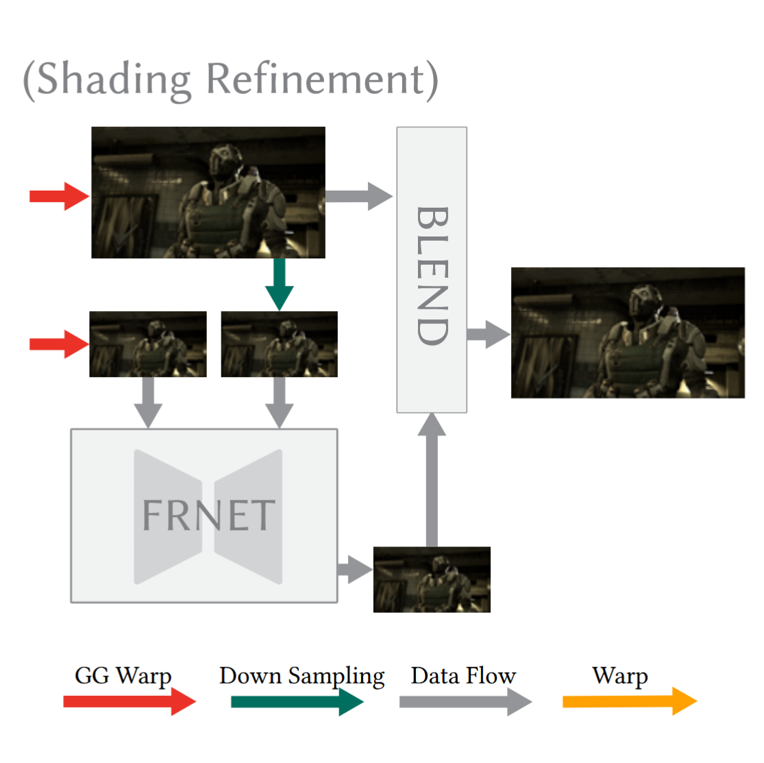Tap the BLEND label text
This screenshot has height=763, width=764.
pyautogui.click(x=432, y=276)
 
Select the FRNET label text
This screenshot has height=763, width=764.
pyautogui.click(x=208, y=516)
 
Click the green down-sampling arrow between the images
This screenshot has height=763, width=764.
pyautogui.click(x=280, y=284)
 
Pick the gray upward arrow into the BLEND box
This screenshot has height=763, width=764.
pyautogui.click(x=432, y=480)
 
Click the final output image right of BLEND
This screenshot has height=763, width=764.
pyautogui.click(x=628, y=333)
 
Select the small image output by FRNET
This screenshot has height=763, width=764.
pyautogui.click(x=432, y=579)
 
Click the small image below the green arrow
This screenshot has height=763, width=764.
pyautogui.click(x=280, y=344)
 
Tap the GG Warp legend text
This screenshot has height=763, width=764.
pyautogui.click(x=123, y=676)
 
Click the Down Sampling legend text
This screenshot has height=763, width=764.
pyautogui.click(x=301, y=676)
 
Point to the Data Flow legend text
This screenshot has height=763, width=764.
pyautogui.click(x=463, y=676)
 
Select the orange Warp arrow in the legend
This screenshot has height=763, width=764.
pyautogui.click(x=629, y=701)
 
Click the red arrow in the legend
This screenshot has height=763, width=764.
pyautogui.click(x=129, y=701)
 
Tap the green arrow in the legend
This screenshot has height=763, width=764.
pyautogui.click(x=297, y=701)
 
